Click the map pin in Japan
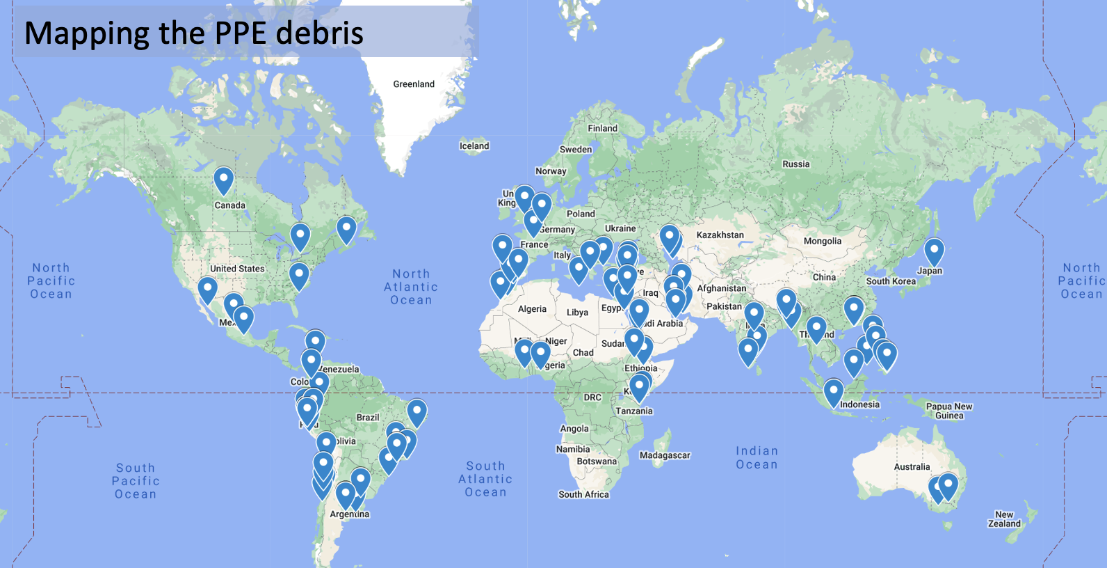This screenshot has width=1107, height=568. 934,251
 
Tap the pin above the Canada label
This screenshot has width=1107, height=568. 223,180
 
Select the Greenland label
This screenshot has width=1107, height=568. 414,84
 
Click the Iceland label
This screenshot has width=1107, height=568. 474,146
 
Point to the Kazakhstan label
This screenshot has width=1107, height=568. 720,235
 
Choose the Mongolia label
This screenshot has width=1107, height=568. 823,242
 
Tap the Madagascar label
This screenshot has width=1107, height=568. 665,455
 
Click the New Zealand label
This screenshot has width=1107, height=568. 1004,519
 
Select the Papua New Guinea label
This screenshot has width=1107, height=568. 949,411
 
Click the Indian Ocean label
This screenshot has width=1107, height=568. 757,458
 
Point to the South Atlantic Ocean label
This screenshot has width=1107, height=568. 485,479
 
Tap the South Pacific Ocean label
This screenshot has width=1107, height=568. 136,481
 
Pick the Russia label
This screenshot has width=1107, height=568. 796,164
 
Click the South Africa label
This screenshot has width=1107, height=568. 583,494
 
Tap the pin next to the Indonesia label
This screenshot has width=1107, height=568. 833,392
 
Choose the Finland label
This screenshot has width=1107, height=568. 602,129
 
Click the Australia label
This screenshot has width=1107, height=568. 912,467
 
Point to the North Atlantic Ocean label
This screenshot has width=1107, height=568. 411,287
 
